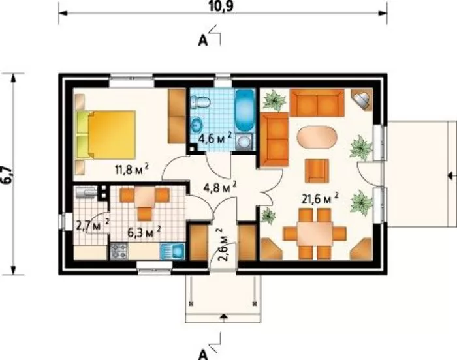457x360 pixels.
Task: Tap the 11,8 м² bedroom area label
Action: (x=133, y=170)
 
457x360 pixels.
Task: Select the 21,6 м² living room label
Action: (x=320, y=199)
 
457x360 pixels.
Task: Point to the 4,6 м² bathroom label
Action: (x=215, y=139)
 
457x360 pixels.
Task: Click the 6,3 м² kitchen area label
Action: (x=144, y=233)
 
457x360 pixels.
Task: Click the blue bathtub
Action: (x=245, y=111)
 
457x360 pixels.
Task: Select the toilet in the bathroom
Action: (x=200, y=102)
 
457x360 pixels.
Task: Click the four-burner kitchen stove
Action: (x=119, y=251)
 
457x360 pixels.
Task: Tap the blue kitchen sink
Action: (x=172, y=251)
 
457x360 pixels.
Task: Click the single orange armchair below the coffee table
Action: (x=317, y=170)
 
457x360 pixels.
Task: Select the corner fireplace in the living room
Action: (x=362, y=99)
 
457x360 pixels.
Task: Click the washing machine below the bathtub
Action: (x=244, y=142)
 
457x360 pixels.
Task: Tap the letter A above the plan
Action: (x=202, y=41)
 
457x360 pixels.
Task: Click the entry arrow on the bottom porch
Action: (x=224, y=317)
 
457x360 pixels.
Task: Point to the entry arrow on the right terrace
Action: (x=452, y=176)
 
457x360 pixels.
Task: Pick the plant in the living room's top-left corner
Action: (x=274, y=100)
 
